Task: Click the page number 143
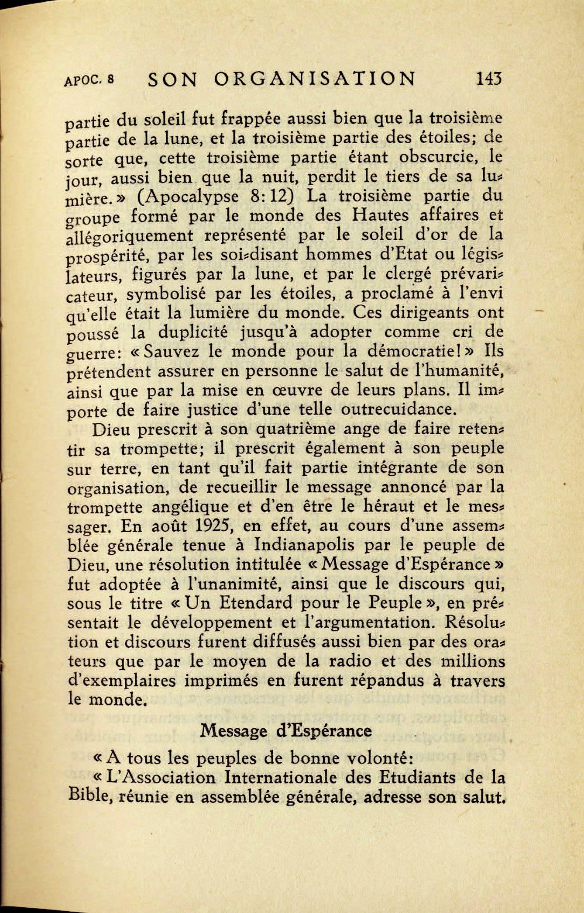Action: pyautogui.click(x=489, y=79)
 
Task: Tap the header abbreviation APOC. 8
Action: pyautogui.click(x=89, y=80)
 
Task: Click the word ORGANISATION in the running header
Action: pyautogui.click(x=315, y=79)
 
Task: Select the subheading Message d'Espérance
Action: pyautogui.click(x=286, y=730)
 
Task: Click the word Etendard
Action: pyautogui.click(x=256, y=603)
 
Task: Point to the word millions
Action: pyautogui.click(x=472, y=661)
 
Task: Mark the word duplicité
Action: pyautogui.click(x=192, y=332)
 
